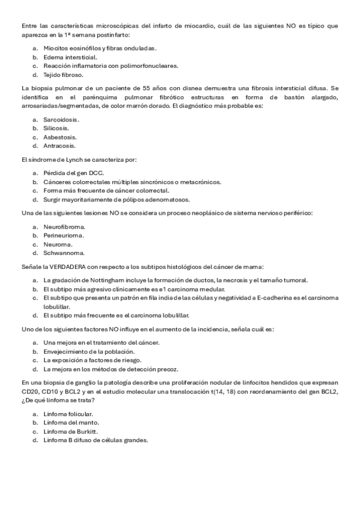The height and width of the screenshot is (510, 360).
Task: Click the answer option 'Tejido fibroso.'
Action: (x=63, y=75)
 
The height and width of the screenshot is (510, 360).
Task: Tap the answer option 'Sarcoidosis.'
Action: (x=61, y=119)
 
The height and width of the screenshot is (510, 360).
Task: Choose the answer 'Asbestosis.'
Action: (x=60, y=137)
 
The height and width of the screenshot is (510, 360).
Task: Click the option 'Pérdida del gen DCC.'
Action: (x=73, y=173)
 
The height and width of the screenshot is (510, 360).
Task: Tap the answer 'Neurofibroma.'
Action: (x=64, y=227)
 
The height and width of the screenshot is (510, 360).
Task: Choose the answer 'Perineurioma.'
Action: (x=64, y=235)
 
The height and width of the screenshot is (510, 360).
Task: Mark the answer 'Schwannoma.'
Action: (x=64, y=253)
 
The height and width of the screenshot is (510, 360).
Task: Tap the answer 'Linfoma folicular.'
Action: (x=68, y=414)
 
